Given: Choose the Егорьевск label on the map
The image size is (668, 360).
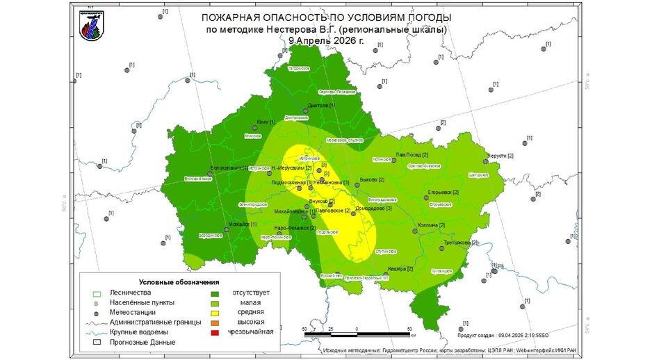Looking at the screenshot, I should (x=444, y=192).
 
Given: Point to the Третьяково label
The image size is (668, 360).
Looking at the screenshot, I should (x=460, y=243).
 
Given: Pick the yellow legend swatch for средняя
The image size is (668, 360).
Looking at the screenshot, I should (x=215, y=312).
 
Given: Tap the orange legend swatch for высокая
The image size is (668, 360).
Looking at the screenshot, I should (x=215, y=322).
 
